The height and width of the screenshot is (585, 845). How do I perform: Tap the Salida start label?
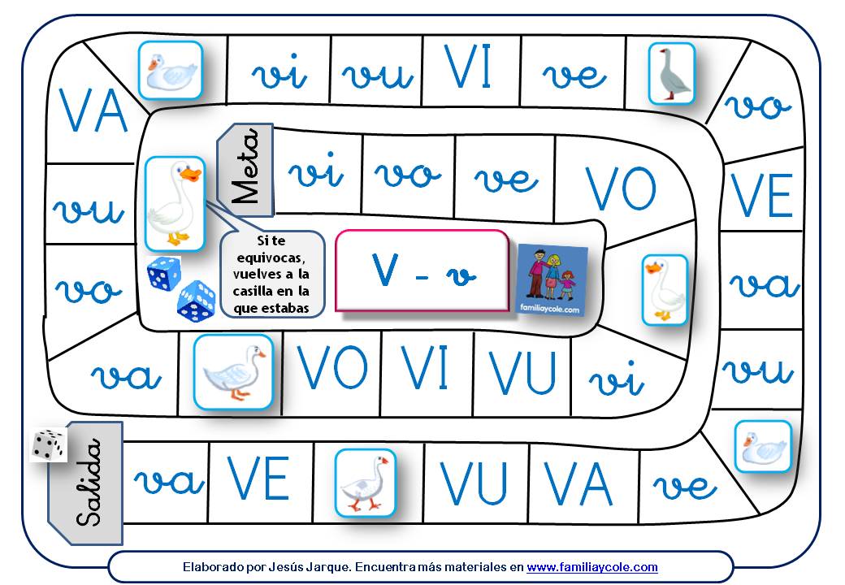pyautogui.click(x=87, y=483)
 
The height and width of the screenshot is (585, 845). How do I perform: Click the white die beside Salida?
pyautogui.click(x=49, y=445)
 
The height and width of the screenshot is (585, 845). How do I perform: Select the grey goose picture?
pyautogui.click(x=672, y=73)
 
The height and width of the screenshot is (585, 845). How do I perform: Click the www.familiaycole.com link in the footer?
pyautogui.click(x=591, y=567)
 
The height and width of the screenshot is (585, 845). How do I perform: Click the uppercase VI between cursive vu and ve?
pyautogui.click(x=469, y=69)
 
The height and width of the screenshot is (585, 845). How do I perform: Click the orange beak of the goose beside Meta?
pyautogui.click(x=191, y=174)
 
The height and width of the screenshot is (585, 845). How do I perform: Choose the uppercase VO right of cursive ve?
pyautogui.click(x=622, y=189)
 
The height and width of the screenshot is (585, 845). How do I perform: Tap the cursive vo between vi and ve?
pyautogui.click(x=408, y=174)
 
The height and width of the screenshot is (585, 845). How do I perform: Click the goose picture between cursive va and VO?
pyautogui.click(x=234, y=371)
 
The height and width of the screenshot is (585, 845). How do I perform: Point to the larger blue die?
pyautogui.click(x=196, y=299)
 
